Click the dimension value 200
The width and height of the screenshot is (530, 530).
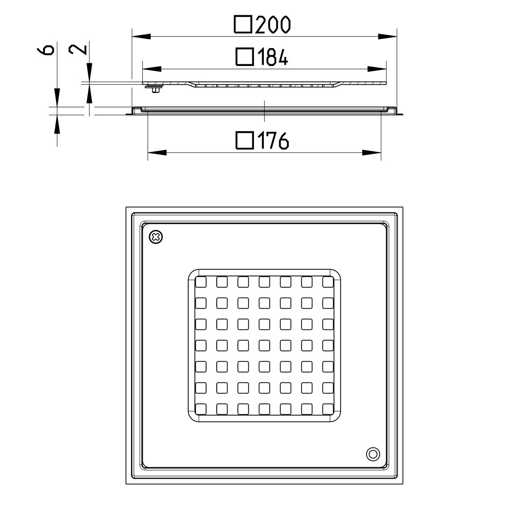coord(273,25)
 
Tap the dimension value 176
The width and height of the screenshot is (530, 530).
coord(272,141)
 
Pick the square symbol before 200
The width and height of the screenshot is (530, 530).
coord(243,25)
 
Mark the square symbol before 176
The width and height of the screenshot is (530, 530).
coord(244,140)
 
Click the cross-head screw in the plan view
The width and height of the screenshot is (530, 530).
coord(156,237)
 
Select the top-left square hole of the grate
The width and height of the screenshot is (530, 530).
coord(201,282)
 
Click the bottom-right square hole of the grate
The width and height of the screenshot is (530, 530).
coord(329,409)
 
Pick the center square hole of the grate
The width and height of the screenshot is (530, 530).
coord(264,345)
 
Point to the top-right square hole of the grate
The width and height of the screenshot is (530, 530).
coord(329,282)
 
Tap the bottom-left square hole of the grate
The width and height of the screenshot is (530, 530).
coord(201,409)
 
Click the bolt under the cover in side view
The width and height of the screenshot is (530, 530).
coord(155,90)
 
